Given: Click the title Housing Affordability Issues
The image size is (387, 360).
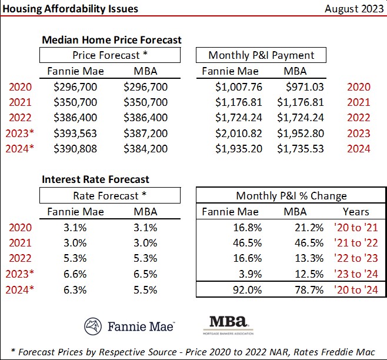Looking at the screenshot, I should pos(71,9).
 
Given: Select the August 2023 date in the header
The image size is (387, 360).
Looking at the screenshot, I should pos(351,9).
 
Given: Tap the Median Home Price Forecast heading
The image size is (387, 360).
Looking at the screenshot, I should pos(112,40).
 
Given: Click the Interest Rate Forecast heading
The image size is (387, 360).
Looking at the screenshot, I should pos(95,179).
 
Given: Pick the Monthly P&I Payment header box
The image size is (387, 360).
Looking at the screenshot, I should pos(261,55).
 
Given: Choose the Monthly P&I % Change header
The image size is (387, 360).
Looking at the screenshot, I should pos(291,195).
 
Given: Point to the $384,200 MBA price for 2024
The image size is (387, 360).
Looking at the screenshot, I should pos(146,148).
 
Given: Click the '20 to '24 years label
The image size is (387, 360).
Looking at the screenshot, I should pos(356,289).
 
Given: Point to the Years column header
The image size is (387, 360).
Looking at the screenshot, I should pos(356,211).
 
